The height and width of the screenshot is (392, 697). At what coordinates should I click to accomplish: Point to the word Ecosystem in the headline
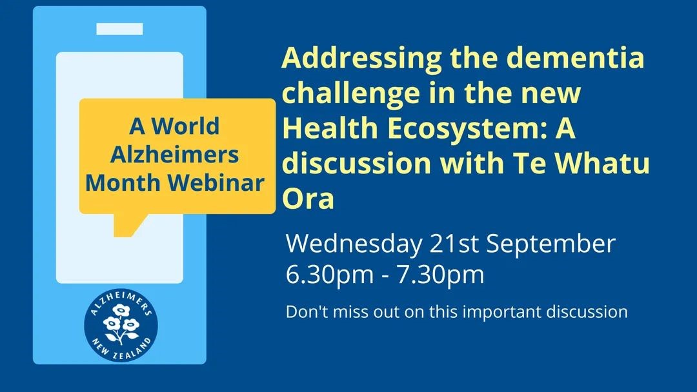[467, 129]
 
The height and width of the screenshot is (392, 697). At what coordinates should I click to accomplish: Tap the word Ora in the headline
[308, 199]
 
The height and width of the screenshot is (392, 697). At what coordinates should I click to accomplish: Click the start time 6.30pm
[330, 275]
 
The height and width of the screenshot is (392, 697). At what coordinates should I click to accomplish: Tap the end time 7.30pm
[440, 275]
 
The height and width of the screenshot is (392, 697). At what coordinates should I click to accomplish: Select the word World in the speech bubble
[186, 126]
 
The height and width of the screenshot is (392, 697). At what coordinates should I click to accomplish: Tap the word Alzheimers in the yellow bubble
[175, 155]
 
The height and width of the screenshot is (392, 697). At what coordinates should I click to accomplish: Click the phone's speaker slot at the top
[119, 29]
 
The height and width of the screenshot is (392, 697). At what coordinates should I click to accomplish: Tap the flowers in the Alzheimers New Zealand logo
[120, 324]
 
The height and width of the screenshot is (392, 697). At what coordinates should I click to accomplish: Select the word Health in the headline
[330, 128]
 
